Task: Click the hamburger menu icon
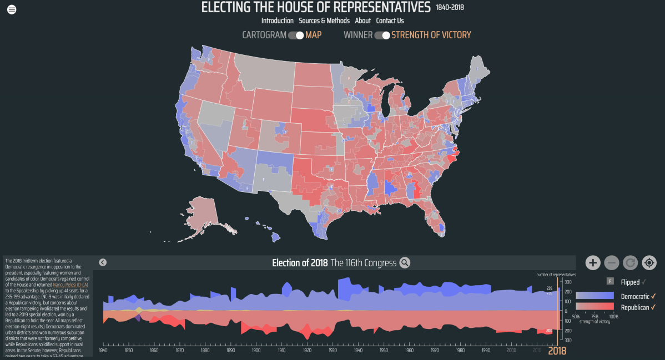coord(12,9)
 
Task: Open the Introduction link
coord(277,21)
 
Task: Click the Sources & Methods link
coord(324,21)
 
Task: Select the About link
coord(362,21)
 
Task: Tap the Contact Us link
coord(390,21)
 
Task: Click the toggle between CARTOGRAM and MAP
coord(296,35)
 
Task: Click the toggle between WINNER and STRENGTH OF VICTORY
coord(382,35)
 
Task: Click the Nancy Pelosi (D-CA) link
coord(70,285)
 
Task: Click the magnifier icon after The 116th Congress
coord(405,263)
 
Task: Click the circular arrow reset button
coord(630,262)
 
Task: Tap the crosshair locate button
coord(649,262)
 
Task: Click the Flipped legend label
coord(630,282)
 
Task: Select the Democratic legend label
coord(634,296)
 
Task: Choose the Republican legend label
coord(634,307)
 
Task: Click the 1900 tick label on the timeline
coord(256,351)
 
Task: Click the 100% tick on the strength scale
coord(613,316)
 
